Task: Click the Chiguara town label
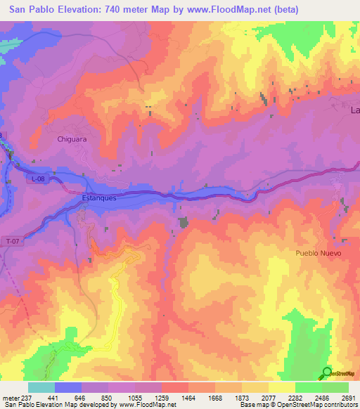point(71,139)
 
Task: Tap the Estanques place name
point(98,198)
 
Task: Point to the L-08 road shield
point(38,181)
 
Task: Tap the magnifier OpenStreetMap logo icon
point(328,372)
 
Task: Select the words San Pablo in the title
point(29,9)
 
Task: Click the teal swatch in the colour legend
point(41,387)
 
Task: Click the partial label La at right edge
point(354,110)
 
